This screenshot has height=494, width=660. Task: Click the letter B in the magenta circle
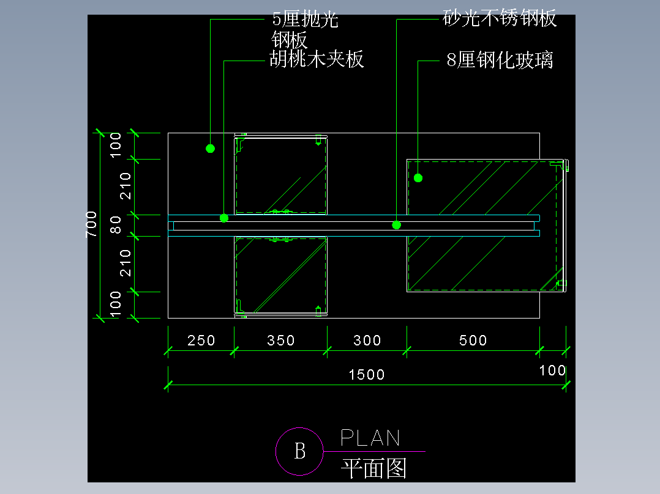(300, 451)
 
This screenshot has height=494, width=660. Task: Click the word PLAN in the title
(370, 438)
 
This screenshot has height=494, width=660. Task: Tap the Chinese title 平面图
(373, 468)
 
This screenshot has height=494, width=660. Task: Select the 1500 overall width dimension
(367, 374)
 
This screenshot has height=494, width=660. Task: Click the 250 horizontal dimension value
(201, 340)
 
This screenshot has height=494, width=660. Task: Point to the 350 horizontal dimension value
(281, 340)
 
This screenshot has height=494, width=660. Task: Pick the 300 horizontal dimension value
(367, 340)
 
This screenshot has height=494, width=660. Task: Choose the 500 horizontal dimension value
(473, 340)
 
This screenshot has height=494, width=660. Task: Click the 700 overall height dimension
(91, 224)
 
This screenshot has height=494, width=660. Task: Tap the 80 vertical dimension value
(115, 225)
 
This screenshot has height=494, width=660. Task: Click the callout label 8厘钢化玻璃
(500, 60)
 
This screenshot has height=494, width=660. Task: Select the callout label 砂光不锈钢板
(500, 18)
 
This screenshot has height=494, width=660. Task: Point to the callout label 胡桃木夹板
(317, 59)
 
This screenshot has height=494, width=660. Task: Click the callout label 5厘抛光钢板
(305, 29)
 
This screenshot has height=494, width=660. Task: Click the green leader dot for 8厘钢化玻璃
(418, 178)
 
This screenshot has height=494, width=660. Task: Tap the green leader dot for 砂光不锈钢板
(397, 225)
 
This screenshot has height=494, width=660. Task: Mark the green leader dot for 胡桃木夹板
(224, 218)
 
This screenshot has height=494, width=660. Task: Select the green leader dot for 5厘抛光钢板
(211, 149)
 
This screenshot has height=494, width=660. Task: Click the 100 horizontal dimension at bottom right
(553, 370)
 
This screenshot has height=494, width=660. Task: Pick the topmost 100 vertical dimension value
(115, 145)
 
